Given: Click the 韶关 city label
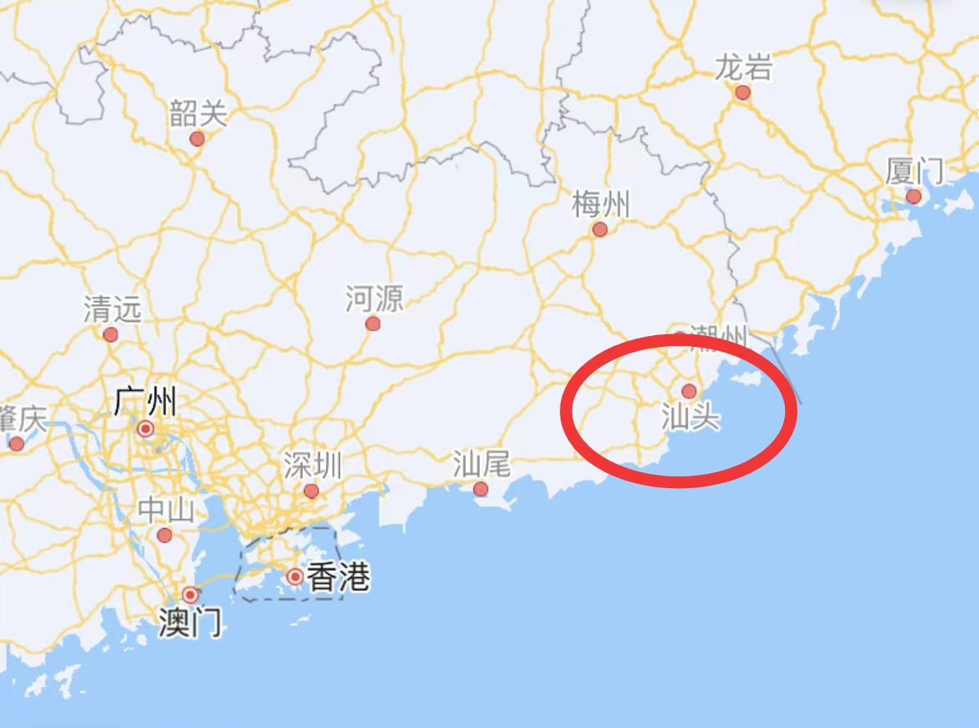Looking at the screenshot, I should tap(198, 113).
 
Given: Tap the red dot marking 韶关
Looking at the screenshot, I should tap(197, 139).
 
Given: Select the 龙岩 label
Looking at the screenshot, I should tap(743, 68).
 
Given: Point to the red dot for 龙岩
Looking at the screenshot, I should tap(743, 93).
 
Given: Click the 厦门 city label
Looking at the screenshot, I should tap(915, 172).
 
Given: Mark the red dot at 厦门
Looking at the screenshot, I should tap(914, 196).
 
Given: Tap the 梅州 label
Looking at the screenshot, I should tap(601, 204).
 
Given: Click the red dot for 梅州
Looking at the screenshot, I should tap(600, 229).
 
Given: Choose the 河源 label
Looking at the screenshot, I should tap(374, 298).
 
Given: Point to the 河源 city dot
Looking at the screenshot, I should tap(373, 323).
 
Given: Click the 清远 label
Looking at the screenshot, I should tap(112, 310).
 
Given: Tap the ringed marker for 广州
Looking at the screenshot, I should tap(146, 430).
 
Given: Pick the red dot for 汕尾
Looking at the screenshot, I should tap(480, 489).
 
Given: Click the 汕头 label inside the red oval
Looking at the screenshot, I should tap(690, 416).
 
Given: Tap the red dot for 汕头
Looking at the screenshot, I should tap(689, 391).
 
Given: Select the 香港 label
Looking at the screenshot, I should tap(338, 578).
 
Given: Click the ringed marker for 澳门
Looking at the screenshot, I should tap(191, 595).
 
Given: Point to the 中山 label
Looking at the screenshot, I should tap(166, 510).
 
